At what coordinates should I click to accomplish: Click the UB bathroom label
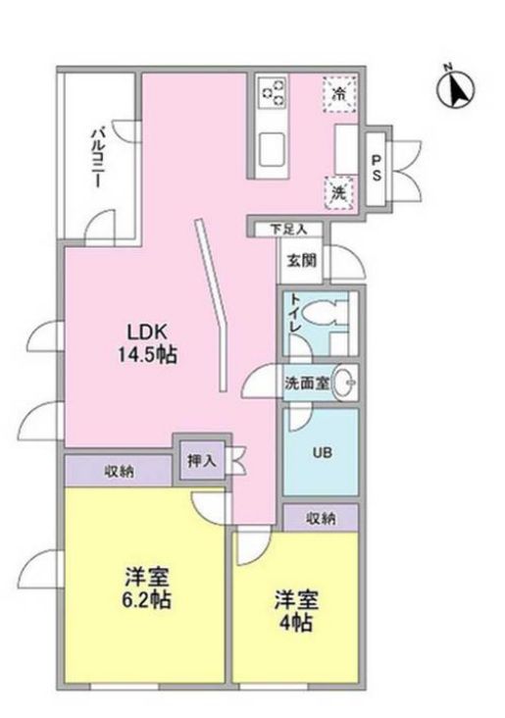(321, 454)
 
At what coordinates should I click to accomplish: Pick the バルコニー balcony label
(99, 157)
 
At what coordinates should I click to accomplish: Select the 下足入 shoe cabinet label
(289, 229)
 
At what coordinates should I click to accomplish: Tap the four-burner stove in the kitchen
(272, 95)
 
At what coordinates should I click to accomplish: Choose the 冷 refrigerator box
(338, 95)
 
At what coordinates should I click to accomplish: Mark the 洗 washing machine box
(337, 193)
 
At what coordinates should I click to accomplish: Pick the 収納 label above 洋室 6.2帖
(121, 470)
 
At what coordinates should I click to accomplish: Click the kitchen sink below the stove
(272, 148)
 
